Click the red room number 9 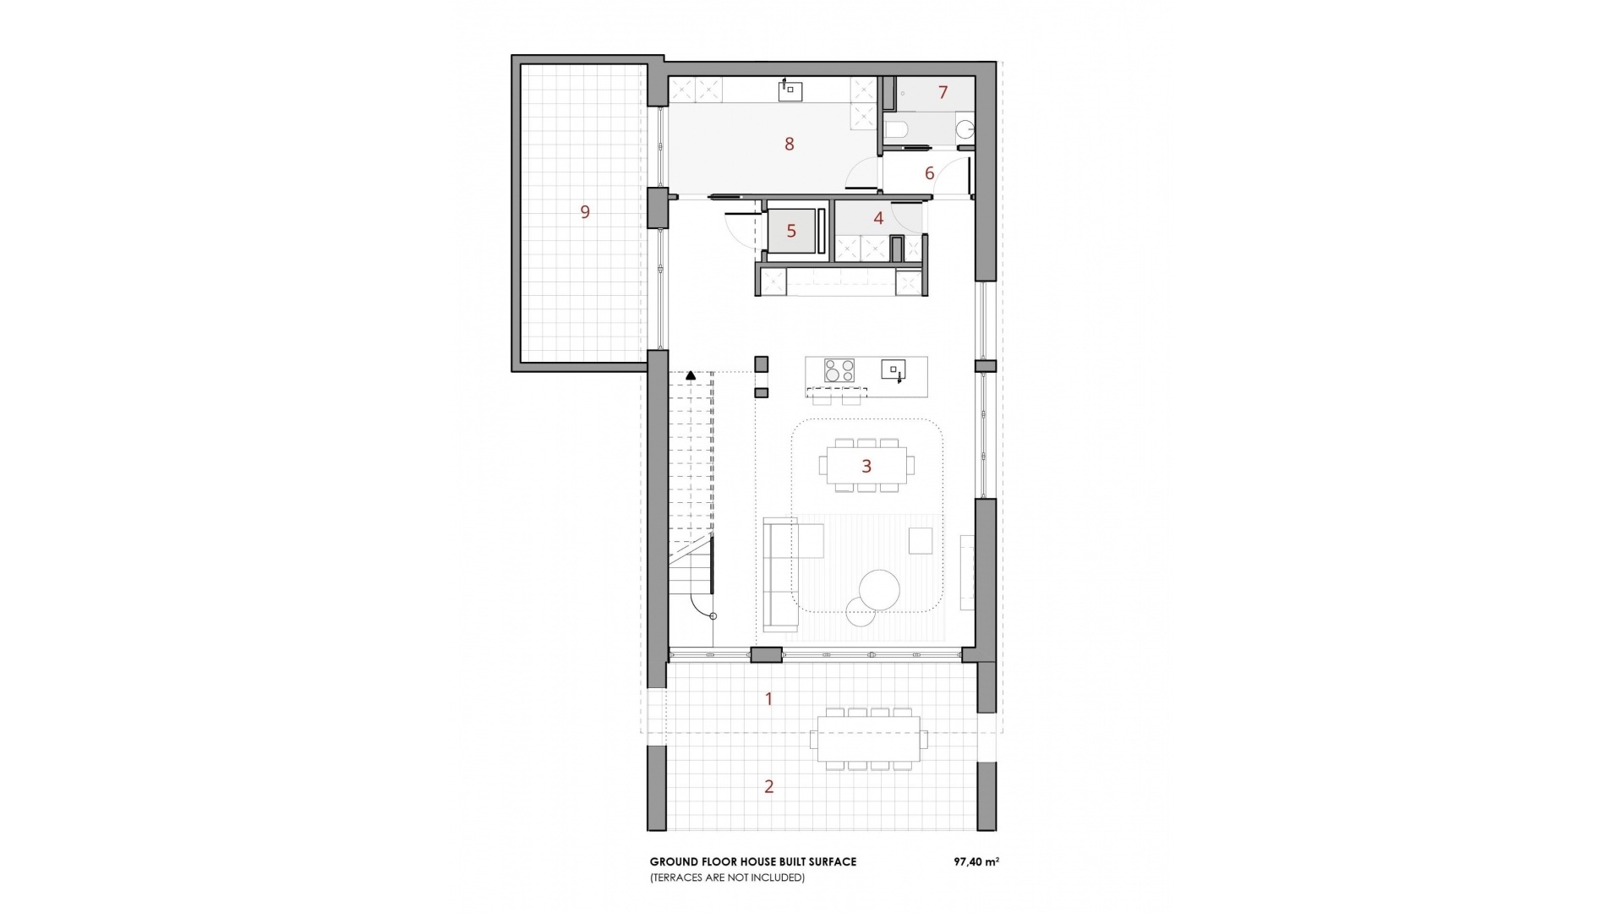(x=585, y=212)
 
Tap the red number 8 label (x=790, y=145)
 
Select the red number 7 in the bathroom (x=943, y=93)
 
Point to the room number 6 (x=930, y=174)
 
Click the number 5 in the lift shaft (x=791, y=232)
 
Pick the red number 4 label (x=878, y=219)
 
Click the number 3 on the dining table (x=866, y=466)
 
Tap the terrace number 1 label (x=768, y=699)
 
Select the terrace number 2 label (x=768, y=787)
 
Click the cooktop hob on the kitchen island (x=839, y=370)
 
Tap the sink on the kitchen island (x=893, y=369)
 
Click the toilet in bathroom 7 (x=896, y=129)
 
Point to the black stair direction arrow (x=691, y=374)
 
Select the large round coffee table (x=879, y=589)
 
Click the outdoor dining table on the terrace (x=868, y=739)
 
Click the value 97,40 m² (x=976, y=862)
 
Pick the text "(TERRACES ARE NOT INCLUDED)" (x=727, y=878)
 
